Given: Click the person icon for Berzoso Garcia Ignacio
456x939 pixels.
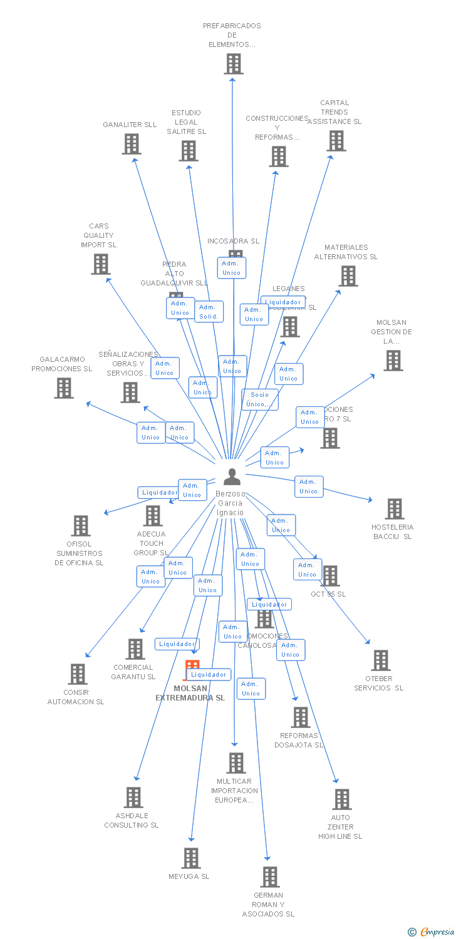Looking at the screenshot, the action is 232,476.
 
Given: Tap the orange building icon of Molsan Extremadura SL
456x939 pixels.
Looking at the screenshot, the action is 192,669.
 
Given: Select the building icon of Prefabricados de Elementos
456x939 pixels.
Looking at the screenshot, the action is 234,64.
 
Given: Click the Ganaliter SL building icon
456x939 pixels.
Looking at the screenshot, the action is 132,144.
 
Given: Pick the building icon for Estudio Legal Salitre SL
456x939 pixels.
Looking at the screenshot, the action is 189,151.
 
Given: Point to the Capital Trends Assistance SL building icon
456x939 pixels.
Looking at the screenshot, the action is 336,141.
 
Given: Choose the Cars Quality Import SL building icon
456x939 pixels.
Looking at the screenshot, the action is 101,264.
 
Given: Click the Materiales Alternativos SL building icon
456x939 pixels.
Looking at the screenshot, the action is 348,275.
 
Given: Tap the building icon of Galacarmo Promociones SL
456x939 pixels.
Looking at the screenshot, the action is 64,388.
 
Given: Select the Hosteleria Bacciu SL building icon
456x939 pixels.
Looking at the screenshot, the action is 395,509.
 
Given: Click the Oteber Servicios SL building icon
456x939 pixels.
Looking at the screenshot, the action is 381,660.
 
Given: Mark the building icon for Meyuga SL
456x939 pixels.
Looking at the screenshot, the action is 191,858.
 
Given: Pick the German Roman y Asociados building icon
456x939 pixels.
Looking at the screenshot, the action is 270,877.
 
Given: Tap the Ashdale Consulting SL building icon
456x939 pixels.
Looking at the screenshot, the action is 134,798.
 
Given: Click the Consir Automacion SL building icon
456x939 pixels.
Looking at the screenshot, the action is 78,674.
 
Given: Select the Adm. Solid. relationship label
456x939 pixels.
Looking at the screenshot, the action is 209,312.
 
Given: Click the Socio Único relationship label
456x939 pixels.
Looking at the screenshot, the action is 260,399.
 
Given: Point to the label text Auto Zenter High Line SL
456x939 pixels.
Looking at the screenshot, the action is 340,827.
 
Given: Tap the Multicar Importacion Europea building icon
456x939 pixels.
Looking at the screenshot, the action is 236,763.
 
